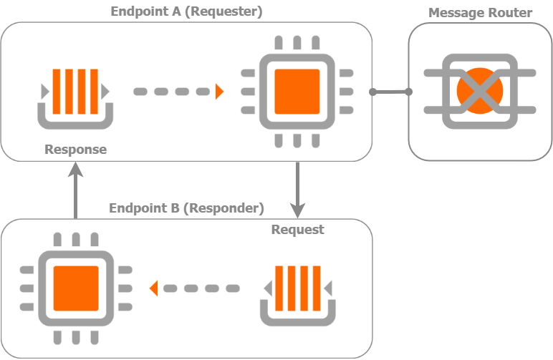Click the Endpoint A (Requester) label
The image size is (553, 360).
(x=186, y=11)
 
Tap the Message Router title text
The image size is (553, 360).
(x=480, y=13)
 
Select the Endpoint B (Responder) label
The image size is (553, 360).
(x=186, y=208)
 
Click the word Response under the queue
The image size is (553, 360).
(x=75, y=150)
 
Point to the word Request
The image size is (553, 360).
(x=297, y=229)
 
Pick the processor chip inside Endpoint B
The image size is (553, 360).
(x=76, y=288)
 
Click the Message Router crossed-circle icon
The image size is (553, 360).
(x=480, y=91)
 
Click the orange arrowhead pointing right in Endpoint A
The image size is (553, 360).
(x=219, y=92)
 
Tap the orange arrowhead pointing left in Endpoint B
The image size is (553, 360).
(x=153, y=288)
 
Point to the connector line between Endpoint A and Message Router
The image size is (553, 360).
(x=390, y=92)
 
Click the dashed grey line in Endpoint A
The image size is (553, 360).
(x=172, y=92)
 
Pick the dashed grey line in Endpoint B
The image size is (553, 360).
(x=201, y=288)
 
